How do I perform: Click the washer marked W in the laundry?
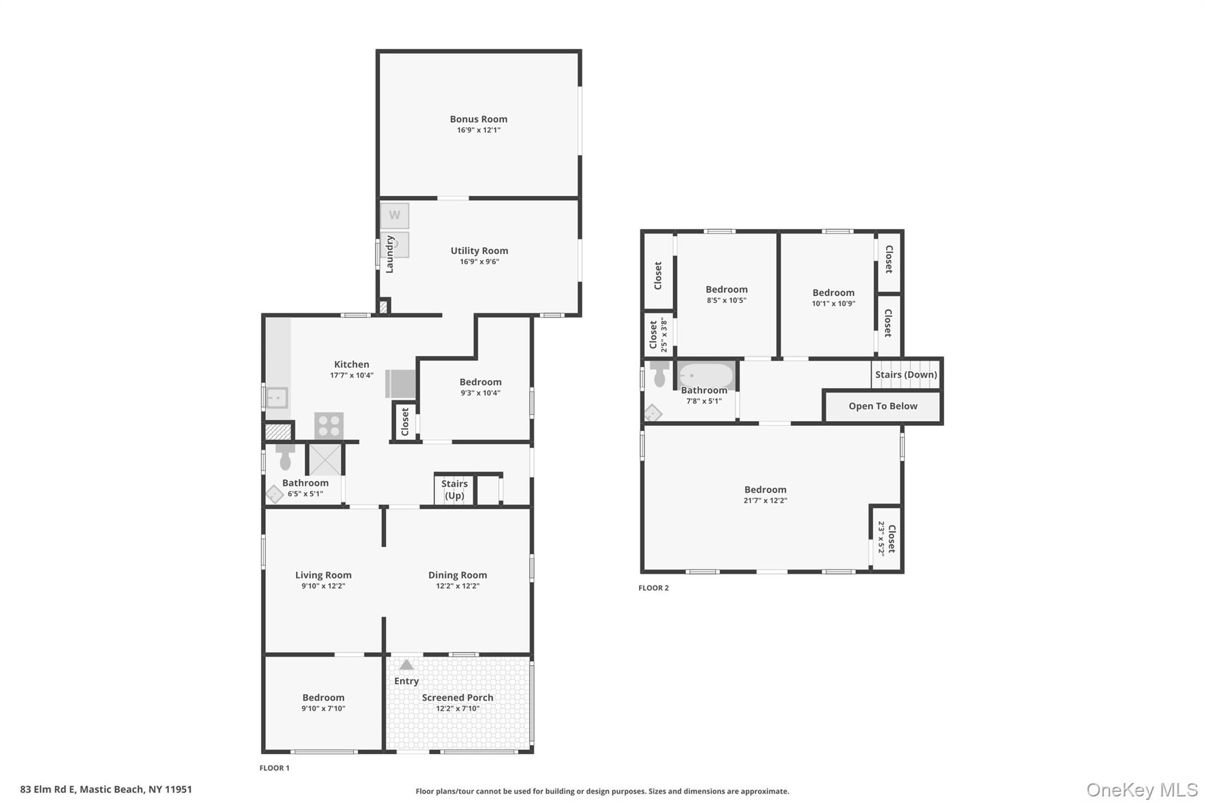(x=394, y=215)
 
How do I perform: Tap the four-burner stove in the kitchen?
(x=328, y=425)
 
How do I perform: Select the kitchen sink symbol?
(x=277, y=398)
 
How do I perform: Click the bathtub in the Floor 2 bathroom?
(x=706, y=375)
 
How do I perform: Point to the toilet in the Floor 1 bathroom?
(x=285, y=457)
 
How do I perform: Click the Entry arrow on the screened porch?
(x=406, y=665)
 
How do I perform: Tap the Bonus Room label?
(x=478, y=119)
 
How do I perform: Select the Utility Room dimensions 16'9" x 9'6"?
(x=479, y=262)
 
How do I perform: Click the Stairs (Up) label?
(x=454, y=489)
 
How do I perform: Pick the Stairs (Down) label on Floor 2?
(x=906, y=375)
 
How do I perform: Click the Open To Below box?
(x=882, y=406)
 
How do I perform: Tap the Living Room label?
(x=323, y=575)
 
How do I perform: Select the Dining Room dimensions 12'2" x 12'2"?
(x=457, y=586)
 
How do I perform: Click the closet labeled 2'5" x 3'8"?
(x=658, y=335)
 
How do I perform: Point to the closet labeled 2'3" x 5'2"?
(x=887, y=538)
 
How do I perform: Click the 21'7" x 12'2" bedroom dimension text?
(x=765, y=501)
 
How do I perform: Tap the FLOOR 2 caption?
(x=653, y=588)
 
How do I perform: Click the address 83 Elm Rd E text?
(x=106, y=789)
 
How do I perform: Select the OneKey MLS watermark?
(x=1141, y=789)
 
